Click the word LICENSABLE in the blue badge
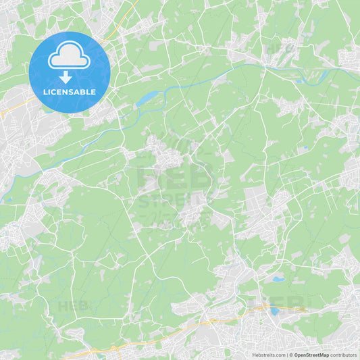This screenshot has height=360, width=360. pos(70,92)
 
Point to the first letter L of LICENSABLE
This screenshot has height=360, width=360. pos(45,92)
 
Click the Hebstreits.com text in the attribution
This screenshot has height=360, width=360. pos(268,355)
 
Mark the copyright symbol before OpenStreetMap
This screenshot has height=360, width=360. pos(291,355)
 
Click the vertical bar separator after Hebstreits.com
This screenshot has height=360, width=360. pos(286,355)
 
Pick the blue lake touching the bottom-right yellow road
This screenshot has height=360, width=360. pos(274,311)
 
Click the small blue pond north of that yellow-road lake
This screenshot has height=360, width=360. pos(278,278)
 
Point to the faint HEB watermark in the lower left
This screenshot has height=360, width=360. pos(73,305)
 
